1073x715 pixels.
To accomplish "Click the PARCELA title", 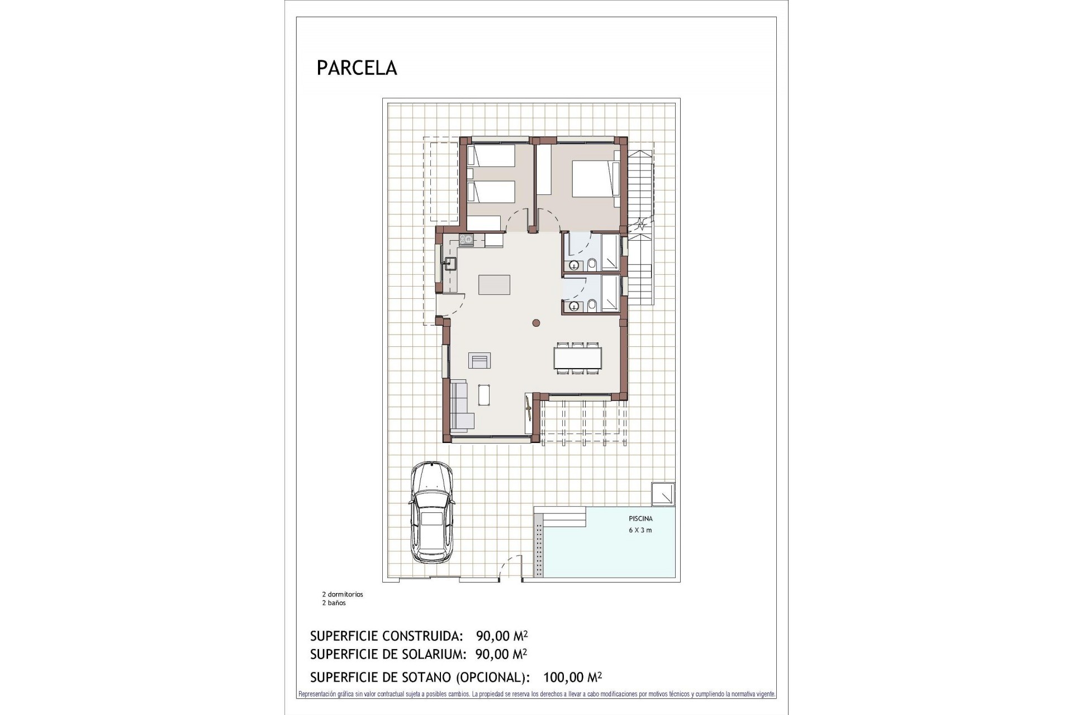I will pyautogui.click(x=357, y=68).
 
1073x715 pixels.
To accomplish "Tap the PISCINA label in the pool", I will pyautogui.click(x=640, y=519).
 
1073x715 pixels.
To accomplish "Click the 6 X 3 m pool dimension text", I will pyautogui.click(x=640, y=530).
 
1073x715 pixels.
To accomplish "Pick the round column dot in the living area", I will pyautogui.click(x=536, y=322).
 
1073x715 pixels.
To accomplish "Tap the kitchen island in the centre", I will pyautogui.click(x=494, y=284).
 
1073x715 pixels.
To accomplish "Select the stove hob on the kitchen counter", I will pyautogui.click(x=466, y=240).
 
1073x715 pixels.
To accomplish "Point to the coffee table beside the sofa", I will pyautogui.click(x=485, y=395).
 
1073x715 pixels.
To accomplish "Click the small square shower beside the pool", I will pyautogui.click(x=663, y=494).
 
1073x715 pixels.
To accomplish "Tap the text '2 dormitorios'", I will pyautogui.click(x=342, y=594).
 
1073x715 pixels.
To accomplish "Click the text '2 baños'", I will pyautogui.click(x=334, y=603).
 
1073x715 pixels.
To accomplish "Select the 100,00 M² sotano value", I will pyautogui.click(x=572, y=678).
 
